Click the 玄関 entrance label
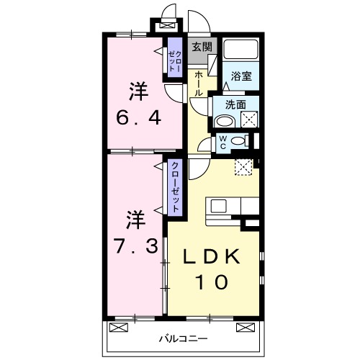pos(202,47)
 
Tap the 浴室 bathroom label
pos(240,75)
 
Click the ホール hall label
pos(197,84)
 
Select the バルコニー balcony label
pos(184,338)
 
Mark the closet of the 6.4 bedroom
pos(174,59)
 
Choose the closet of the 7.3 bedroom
pos(174,186)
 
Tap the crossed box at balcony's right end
pos(247,327)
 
